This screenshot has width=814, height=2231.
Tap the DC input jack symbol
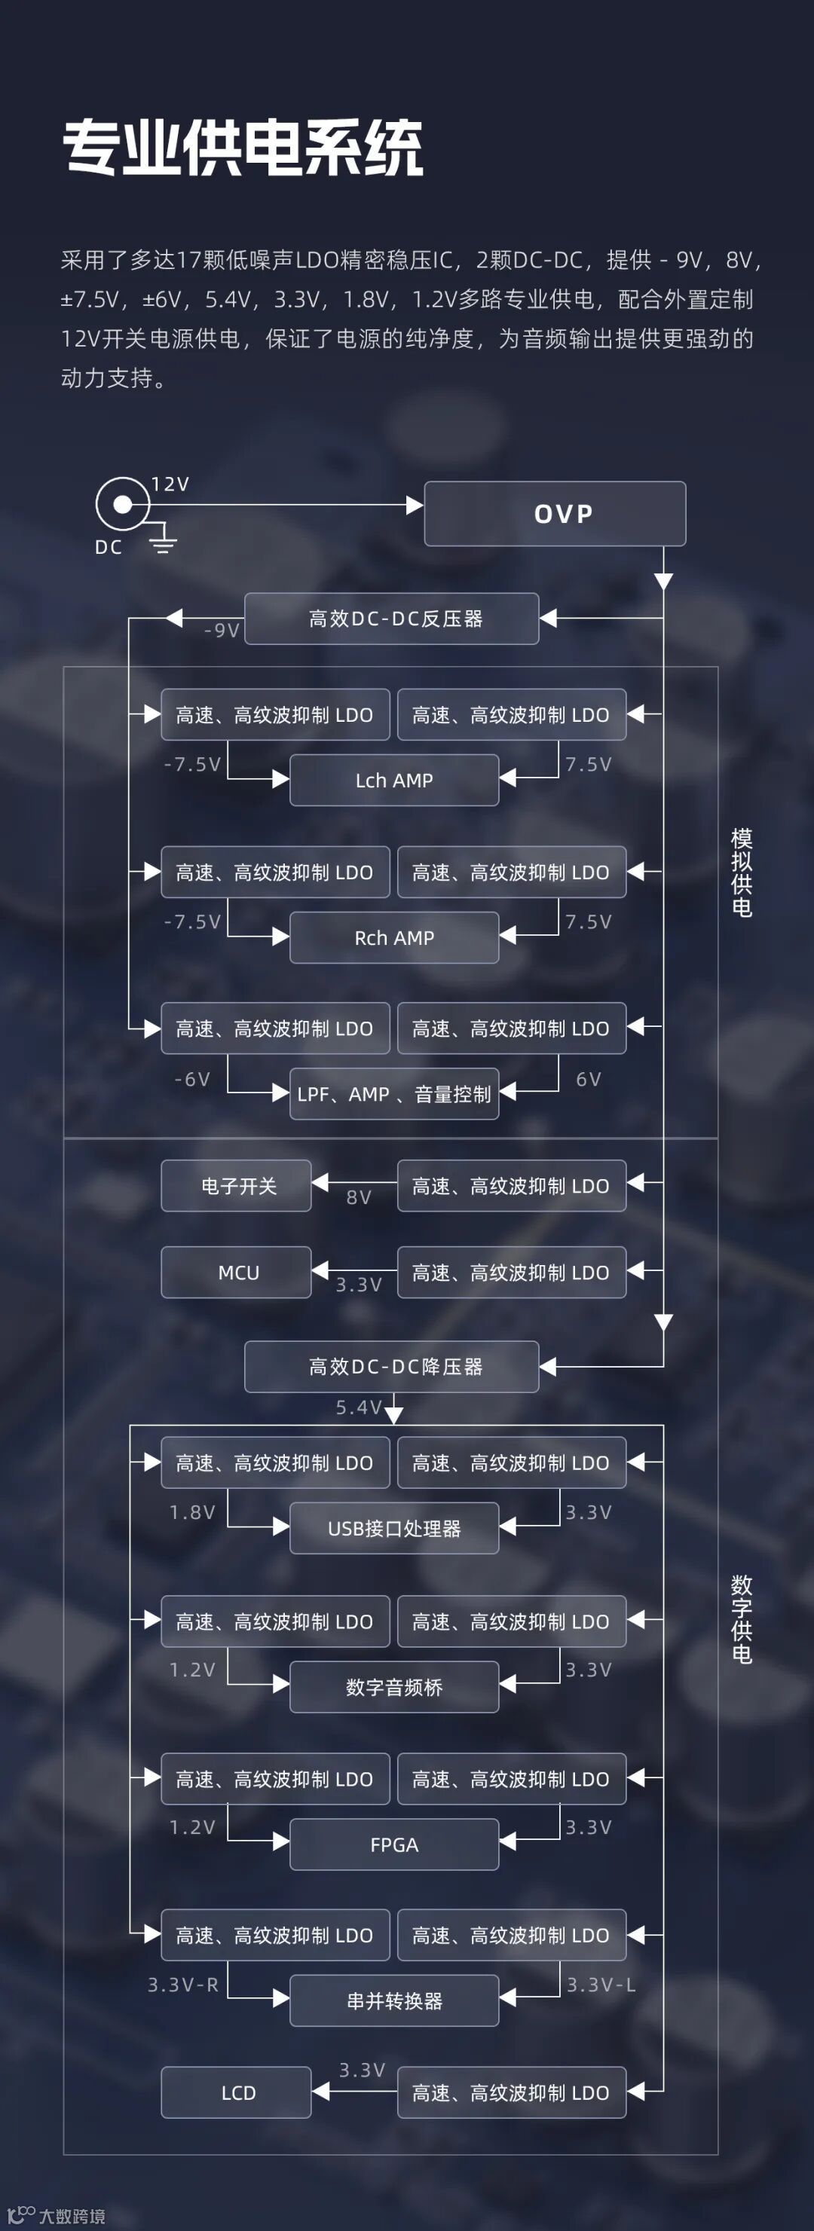pyautogui.click(x=122, y=504)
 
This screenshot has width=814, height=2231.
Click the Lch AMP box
pyautogui.click(x=394, y=781)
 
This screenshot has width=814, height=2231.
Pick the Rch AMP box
pyautogui.click(x=394, y=938)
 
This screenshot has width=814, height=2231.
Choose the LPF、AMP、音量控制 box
pyautogui.click(x=394, y=1094)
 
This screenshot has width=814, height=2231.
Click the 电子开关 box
pyautogui.click(x=237, y=1186)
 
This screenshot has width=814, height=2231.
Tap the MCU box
pyautogui.click(x=237, y=1273)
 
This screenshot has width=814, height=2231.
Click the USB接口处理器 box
pyautogui.click(x=394, y=1529)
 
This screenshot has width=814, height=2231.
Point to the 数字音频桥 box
pyautogui.click(x=394, y=1687)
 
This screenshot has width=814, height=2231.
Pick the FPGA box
pyautogui.click(x=394, y=1844)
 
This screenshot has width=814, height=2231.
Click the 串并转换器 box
pyautogui.click(x=394, y=2000)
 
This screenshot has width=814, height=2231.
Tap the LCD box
pyautogui.click(x=237, y=2093)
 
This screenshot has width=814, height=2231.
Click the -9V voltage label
pyautogui.click(x=221, y=631)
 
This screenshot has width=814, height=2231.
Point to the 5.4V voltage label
pyautogui.click(x=359, y=1407)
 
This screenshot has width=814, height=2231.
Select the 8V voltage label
pyautogui.click(x=359, y=1198)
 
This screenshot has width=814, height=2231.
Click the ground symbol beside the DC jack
pyautogui.click(x=163, y=543)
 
